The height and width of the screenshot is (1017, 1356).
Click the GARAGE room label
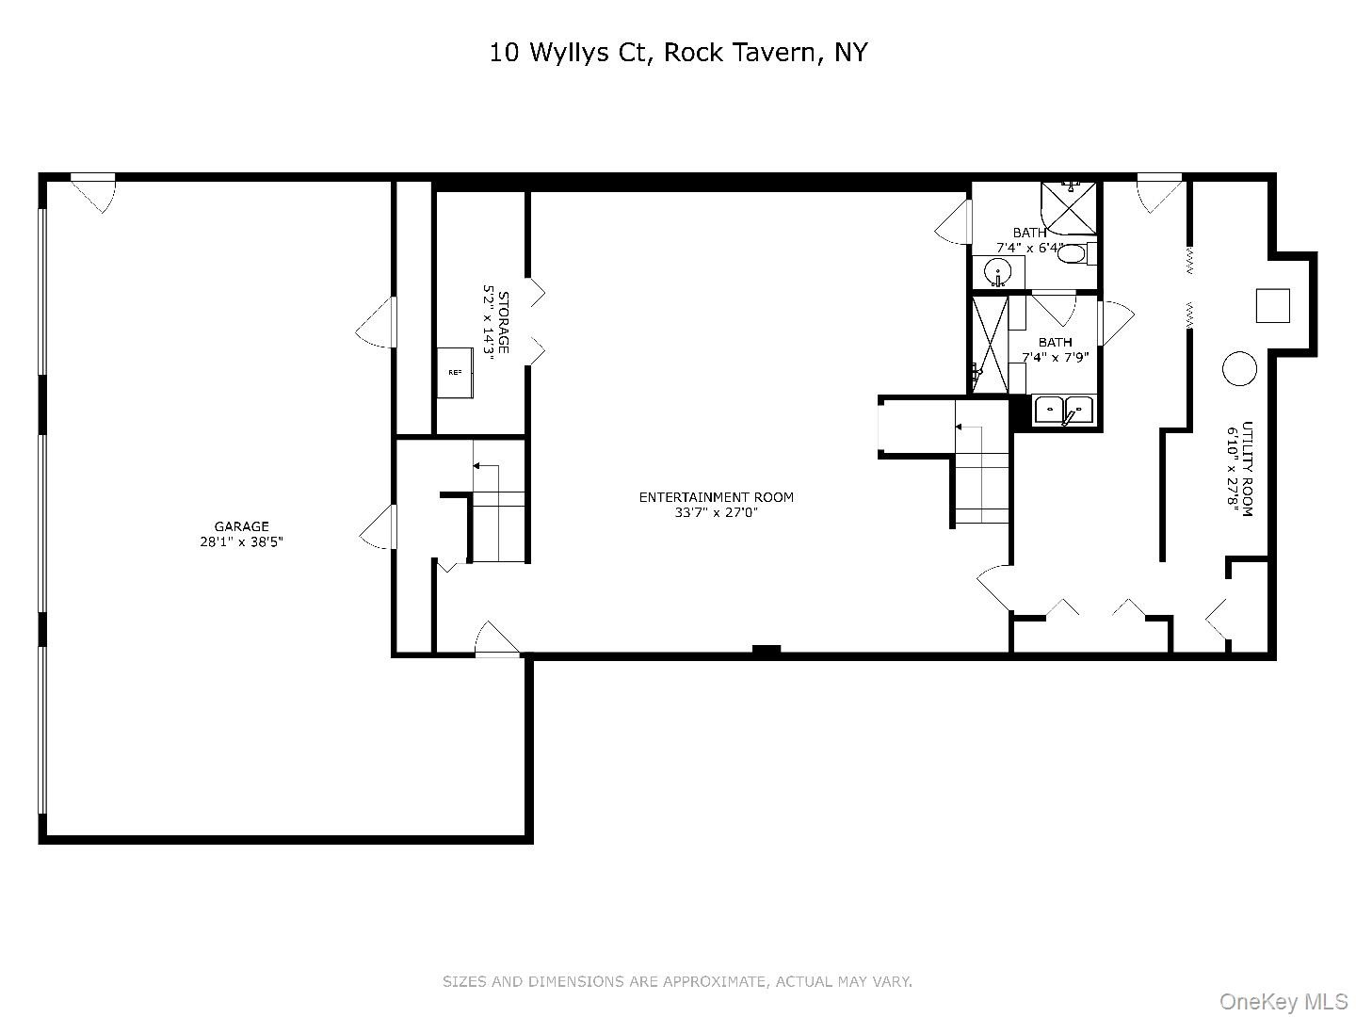[x=241, y=526]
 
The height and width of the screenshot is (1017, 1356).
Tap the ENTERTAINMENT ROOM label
[x=716, y=497]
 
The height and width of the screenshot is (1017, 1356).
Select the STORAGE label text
[x=503, y=322]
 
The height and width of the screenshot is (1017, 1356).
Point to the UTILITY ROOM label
[x=1247, y=469]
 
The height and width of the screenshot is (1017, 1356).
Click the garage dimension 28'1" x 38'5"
[x=241, y=542]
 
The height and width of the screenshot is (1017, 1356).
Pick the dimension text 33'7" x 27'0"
[x=716, y=512]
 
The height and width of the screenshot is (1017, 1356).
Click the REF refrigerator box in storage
[x=455, y=372]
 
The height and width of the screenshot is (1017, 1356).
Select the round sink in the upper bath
[x=997, y=272]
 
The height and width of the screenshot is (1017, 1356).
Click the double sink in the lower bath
[x=1064, y=411]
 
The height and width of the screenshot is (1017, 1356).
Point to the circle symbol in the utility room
[x=1238, y=368]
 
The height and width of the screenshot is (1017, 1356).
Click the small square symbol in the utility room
[x=1272, y=306]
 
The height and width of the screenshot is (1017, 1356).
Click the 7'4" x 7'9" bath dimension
[x=1056, y=357]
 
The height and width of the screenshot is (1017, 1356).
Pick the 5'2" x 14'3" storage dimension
[x=488, y=322]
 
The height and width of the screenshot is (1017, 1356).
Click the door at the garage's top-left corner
[x=92, y=193]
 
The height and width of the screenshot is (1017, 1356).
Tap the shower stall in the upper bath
[x=1068, y=209]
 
